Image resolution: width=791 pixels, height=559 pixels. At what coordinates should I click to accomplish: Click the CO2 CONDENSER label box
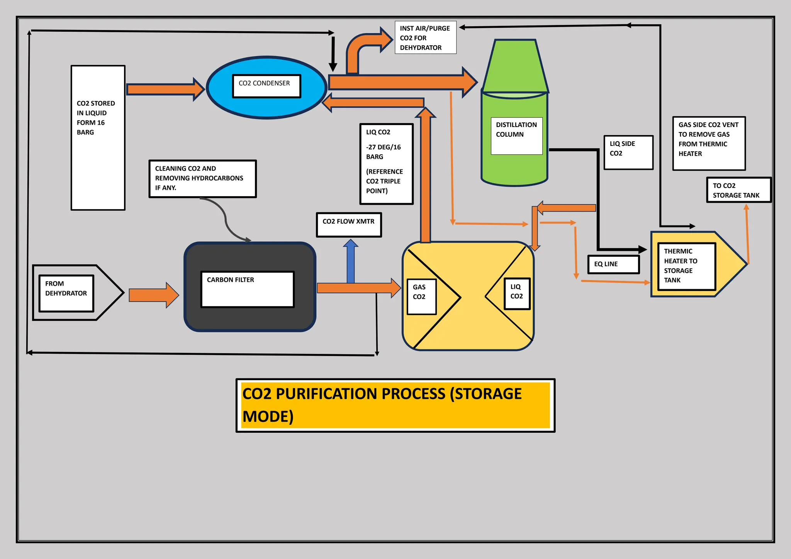tap(266, 86)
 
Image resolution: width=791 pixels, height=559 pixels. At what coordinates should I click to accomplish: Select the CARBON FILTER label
tap(247, 289)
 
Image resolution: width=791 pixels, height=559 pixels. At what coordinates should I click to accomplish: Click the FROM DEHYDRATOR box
tap(66, 293)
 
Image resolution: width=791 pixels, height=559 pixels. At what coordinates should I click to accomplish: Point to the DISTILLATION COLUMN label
tap(516, 136)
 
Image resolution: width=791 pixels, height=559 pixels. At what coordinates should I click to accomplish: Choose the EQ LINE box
tap(613, 264)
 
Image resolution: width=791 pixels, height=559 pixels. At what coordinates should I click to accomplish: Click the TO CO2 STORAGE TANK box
tap(738, 190)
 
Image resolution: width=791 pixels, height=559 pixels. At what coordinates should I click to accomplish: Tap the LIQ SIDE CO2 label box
tap(628, 152)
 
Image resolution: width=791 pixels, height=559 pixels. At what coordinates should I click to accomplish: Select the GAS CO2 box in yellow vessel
tap(422, 296)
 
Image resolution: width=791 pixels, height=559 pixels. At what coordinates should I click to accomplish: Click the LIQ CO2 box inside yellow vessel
tap(517, 294)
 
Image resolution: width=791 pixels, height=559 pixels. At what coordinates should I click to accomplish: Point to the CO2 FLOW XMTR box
tap(349, 225)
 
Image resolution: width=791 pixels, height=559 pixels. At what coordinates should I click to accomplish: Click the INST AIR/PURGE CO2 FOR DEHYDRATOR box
tap(425, 37)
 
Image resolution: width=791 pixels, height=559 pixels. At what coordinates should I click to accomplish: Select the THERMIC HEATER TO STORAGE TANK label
tap(686, 266)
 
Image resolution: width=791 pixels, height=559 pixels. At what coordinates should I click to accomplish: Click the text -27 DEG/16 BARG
tap(383, 152)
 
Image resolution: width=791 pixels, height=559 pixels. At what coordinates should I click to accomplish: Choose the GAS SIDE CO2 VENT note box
tap(709, 143)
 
